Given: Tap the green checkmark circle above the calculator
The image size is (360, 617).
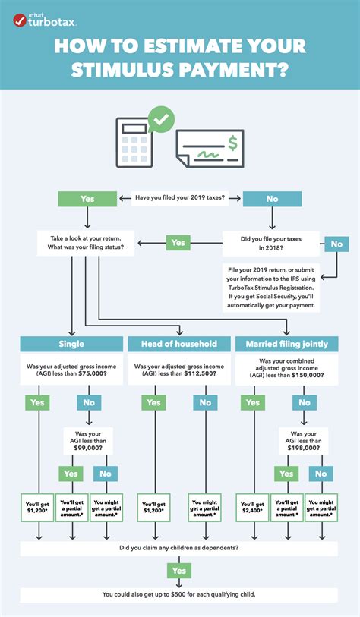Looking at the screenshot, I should pyautogui.click(x=161, y=119).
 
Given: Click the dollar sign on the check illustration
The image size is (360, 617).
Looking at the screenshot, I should pyautogui.click(x=232, y=142).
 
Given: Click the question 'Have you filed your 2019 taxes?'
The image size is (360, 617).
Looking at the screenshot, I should pyautogui.click(x=180, y=199).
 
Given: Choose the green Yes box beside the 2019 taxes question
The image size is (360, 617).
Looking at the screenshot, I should pyautogui.click(x=87, y=199).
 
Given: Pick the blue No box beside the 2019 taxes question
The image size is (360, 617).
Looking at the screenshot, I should pyautogui.click(x=272, y=199).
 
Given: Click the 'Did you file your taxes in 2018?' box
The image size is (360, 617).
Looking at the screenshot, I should pyautogui.click(x=270, y=243).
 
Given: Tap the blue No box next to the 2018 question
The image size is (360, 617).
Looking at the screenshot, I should pyautogui.click(x=336, y=244).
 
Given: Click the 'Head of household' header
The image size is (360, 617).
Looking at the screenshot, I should pyautogui.click(x=179, y=344).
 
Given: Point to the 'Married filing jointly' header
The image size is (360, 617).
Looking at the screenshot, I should pyautogui.click(x=287, y=344).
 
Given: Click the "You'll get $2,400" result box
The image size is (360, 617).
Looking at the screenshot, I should pyautogui.click(x=252, y=508).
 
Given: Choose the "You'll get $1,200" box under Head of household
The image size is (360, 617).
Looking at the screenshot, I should pyautogui.click(x=153, y=508).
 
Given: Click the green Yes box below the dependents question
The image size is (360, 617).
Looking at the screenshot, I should pyautogui.click(x=180, y=570).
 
